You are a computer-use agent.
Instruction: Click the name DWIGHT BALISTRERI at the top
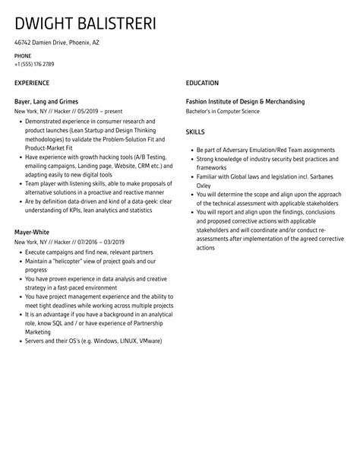click(x=85, y=24)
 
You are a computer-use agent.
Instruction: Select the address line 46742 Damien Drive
click(x=57, y=43)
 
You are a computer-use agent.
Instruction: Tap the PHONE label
click(x=24, y=56)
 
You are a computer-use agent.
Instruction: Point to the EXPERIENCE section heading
click(x=32, y=83)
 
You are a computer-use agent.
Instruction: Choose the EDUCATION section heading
click(x=202, y=83)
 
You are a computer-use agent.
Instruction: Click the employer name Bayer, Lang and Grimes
click(x=46, y=101)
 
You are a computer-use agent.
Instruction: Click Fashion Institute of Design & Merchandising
click(x=245, y=101)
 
